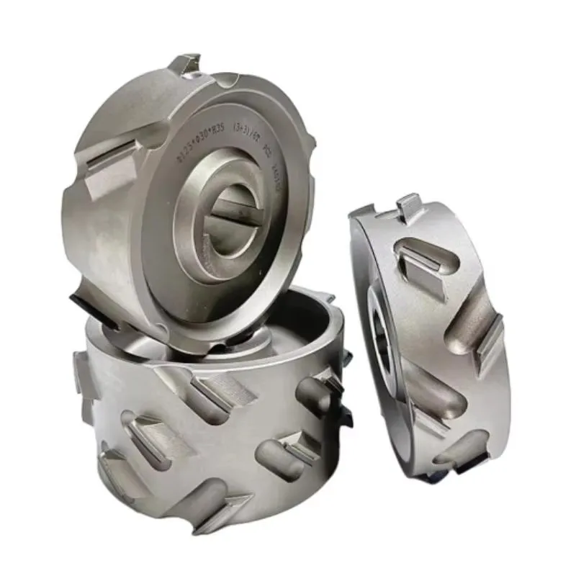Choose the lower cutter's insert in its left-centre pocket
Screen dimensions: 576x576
click(x=148, y=432)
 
